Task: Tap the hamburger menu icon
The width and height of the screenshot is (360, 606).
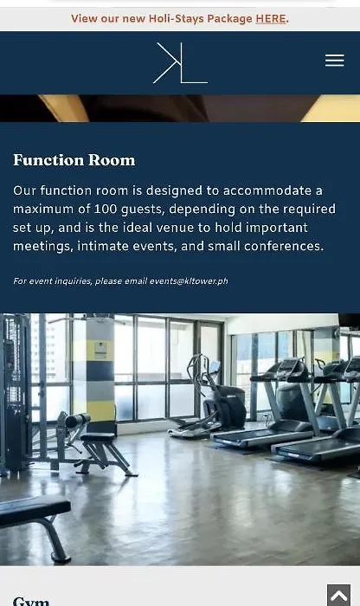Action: [335, 61]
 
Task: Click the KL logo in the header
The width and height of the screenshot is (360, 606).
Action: [180, 62]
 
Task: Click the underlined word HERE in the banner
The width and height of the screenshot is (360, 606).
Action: [271, 18]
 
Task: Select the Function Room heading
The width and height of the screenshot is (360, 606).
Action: [74, 160]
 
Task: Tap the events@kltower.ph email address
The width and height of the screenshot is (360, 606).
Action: [189, 281]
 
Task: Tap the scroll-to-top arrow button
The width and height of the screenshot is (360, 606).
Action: [338, 596]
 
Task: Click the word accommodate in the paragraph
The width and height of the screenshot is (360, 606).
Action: [267, 190]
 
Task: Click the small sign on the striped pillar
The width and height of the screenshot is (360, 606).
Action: [100, 350]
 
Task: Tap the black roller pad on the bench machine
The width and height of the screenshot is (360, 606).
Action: [78, 420]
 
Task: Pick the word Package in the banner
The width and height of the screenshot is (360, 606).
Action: [229, 19]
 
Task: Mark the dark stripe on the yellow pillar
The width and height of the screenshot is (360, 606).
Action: [100, 371]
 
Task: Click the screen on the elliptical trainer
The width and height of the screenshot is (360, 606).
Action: [215, 365]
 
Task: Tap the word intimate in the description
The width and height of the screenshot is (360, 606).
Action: [103, 246]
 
